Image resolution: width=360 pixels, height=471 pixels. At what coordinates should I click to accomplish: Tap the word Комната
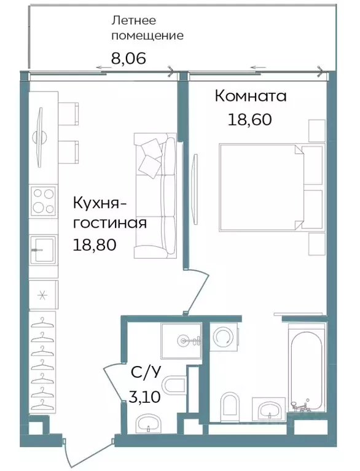(x=250, y=96)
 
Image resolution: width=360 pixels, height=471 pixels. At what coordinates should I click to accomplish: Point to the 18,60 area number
(x=249, y=119)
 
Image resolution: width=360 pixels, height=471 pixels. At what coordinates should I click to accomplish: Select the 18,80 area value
(x=95, y=245)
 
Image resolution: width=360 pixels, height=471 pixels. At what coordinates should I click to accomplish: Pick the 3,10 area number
(x=145, y=397)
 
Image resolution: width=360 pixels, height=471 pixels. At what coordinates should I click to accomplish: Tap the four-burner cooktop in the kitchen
(x=43, y=200)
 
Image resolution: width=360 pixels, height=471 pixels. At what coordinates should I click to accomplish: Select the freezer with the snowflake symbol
(x=43, y=295)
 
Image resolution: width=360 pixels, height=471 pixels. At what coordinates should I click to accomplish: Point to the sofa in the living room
(x=155, y=196)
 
